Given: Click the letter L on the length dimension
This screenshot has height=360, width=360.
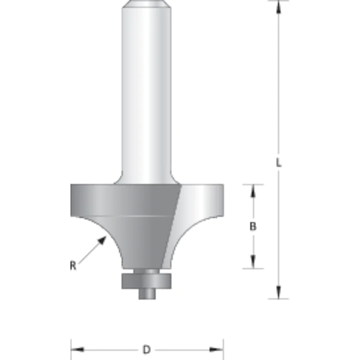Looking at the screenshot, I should coord(278,164).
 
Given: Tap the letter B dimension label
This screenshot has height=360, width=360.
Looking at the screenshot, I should coord(253,227).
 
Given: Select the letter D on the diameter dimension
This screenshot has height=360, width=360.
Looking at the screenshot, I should coord(147,350).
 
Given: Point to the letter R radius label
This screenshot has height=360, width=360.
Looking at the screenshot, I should coord(74,265).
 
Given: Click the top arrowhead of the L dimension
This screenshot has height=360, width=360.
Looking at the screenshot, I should coord(278,6).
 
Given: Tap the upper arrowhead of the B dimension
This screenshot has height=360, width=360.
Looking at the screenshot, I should coord(253,190).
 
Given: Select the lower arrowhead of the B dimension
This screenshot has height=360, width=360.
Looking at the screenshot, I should coord(253,263).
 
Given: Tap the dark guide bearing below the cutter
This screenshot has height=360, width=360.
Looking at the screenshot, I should coord(147,281).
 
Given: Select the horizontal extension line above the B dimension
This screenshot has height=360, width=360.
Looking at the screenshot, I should coord(252,184).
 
